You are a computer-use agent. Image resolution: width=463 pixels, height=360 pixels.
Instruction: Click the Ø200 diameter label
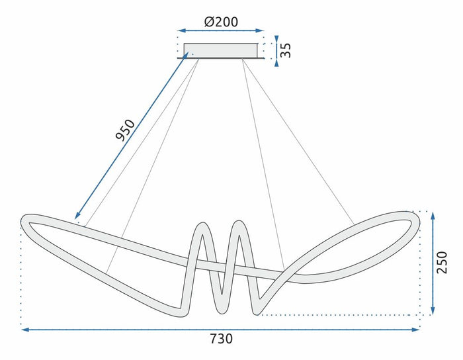click(222, 21)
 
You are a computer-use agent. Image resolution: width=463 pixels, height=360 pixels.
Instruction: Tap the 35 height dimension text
click(285, 51)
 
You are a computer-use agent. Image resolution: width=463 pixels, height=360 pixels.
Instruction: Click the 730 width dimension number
click(221, 339)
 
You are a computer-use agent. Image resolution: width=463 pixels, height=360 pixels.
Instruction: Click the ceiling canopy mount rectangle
click(220, 51)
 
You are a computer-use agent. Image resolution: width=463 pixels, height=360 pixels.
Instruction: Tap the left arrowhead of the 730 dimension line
click(24, 328)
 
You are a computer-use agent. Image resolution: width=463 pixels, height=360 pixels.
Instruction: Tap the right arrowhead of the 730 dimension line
click(417, 328)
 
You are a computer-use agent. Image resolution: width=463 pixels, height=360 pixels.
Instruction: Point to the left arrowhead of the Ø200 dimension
click(180, 30)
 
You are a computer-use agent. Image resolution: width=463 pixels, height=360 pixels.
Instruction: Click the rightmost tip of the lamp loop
click(418, 222)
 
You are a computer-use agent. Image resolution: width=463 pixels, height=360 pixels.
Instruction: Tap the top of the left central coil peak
click(202, 225)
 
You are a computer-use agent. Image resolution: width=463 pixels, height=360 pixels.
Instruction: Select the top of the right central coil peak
click(238, 222)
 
